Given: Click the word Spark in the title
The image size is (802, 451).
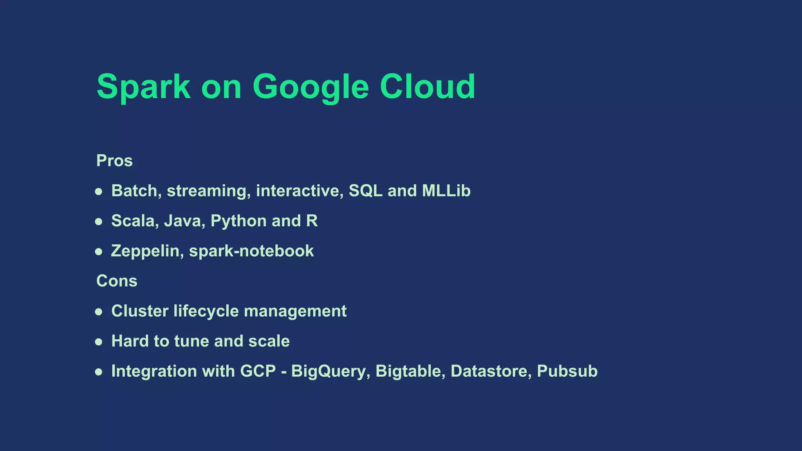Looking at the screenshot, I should pyautogui.click(x=143, y=87).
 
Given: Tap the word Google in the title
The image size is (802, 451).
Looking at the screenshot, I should pyautogui.click(x=311, y=87).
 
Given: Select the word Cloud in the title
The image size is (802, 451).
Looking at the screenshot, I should pyautogui.click(x=427, y=87).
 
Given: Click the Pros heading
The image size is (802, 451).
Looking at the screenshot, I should pyautogui.click(x=114, y=161).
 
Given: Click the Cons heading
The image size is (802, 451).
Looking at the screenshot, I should pyautogui.click(x=117, y=281).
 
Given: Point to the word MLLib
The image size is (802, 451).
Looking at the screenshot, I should pyautogui.click(x=446, y=191).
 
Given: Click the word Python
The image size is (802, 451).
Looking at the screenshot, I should pyautogui.click(x=238, y=221).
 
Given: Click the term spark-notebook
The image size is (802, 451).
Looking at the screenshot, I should pyautogui.click(x=251, y=251).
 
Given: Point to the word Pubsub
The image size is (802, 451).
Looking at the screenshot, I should pyautogui.click(x=567, y=372).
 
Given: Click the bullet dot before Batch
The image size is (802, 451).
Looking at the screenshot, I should pyautogui.click(x=99, y=192).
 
